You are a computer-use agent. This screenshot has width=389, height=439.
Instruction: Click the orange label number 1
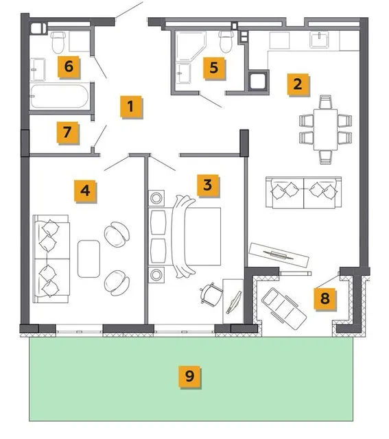pos(131,107)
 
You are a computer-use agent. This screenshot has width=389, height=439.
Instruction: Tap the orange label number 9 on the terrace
pos(190,377)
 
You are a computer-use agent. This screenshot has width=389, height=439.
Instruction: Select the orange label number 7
pos(67,132)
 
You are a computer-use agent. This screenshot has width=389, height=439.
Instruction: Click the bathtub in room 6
pos(60,96)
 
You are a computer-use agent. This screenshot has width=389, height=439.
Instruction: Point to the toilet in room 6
pos(58,42)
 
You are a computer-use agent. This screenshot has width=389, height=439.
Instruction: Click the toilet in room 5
pos(226,41)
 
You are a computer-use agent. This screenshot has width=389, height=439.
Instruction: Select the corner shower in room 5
pos(191,46)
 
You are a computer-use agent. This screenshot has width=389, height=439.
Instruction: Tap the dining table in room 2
pos(325,130)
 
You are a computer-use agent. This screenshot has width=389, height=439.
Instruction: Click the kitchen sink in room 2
pos(319,40)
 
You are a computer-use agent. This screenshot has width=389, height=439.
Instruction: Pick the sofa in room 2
pos(303,192)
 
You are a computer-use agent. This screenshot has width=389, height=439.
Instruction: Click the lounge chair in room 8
pos(284,309)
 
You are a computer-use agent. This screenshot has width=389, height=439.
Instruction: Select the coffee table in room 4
pos(89,259)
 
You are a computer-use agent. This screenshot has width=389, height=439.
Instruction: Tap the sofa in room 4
pos(51,259)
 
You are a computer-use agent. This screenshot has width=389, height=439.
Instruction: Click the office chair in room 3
pos(211,295)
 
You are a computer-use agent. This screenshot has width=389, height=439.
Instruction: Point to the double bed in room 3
pos(185,237)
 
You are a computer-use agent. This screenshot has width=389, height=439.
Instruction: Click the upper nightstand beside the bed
pos(156,198)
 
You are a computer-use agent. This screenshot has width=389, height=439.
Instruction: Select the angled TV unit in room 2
pos(279,254)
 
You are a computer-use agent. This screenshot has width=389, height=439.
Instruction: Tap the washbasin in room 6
pos(38,69)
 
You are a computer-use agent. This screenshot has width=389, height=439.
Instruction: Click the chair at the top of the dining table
pos(325,102)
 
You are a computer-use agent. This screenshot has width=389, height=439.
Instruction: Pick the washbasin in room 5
pos(183,73)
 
